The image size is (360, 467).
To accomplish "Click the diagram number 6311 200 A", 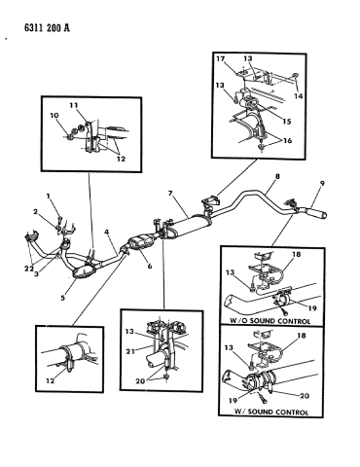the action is (47, 28).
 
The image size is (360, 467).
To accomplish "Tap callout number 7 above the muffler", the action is (170, 194).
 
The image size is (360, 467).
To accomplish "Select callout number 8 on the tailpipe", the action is (277, 177).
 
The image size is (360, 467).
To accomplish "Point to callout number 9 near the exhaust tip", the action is (322, 183).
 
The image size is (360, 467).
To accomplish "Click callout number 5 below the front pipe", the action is (62, 298).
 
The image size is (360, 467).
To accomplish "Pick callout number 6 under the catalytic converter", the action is (150, 266).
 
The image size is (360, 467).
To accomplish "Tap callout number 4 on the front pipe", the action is (107, 232).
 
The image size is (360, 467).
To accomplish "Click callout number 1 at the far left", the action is (48, 196).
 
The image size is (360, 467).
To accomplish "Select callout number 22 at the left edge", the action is (28, 269).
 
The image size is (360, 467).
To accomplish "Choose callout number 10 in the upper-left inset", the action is (54, 116).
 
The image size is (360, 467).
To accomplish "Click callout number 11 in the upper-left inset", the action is (73, 105).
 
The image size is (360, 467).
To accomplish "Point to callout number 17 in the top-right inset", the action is (221, 58).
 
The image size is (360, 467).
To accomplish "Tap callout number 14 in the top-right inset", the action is (298, 96).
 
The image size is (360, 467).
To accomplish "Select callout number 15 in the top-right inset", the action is (287, 122).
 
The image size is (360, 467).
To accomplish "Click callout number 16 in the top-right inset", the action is (287, 140).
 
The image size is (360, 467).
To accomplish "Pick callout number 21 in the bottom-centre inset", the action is (130, 351).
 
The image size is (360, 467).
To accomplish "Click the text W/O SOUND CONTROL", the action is (270, 321).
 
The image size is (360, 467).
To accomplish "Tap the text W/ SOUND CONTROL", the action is (271, 413).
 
